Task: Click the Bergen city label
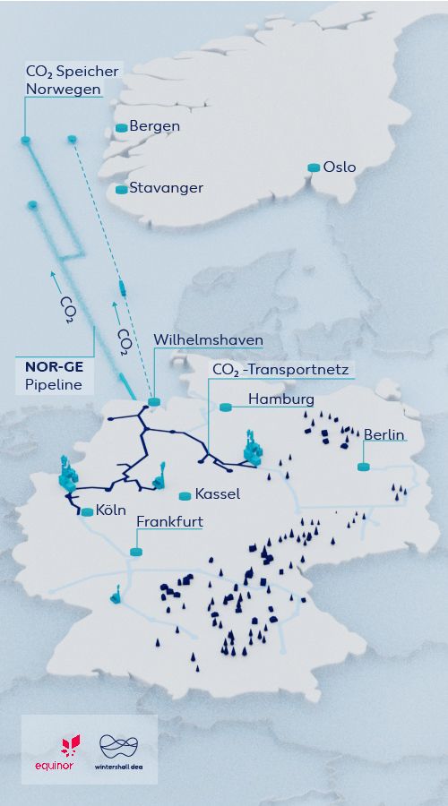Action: pos(154,126)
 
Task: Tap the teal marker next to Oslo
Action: pos(314,167)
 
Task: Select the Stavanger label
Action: pos(166,188)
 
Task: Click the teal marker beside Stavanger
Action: pos(121,189)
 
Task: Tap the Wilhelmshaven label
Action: pos(208,340)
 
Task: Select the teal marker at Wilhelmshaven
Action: pos(153,402)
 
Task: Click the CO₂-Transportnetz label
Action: pos(280,369)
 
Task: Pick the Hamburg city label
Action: pos(280,399)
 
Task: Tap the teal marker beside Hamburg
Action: pos(226,407)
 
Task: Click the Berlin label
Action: pos(383,435)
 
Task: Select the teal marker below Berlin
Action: pos(364,467)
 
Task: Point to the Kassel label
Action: pos(217,494)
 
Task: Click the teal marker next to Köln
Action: pos(87,512)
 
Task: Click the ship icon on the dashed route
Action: pos(121,287)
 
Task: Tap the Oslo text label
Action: pos(340,167)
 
